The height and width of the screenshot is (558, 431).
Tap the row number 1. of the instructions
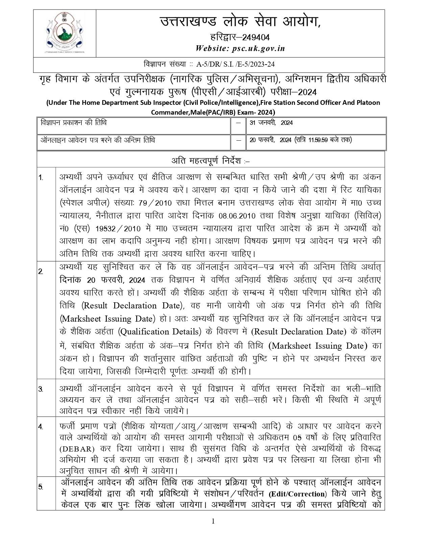click(41, 178)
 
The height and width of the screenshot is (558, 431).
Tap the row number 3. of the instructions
click(41, 389)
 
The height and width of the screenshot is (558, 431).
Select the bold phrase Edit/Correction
click(297, 493)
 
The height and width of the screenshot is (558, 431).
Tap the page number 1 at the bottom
click(213, 521)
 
